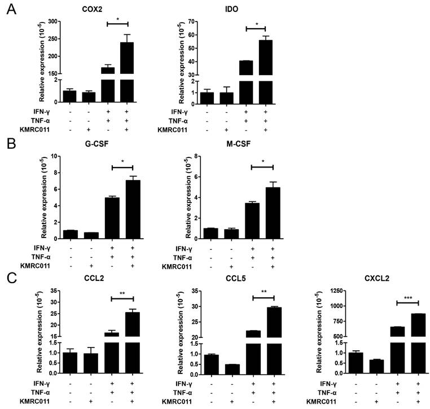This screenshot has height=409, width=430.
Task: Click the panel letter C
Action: tap(9, 278)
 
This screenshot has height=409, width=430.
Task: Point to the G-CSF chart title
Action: tap(93, 144)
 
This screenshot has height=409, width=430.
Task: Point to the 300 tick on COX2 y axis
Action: tap(54, 21)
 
